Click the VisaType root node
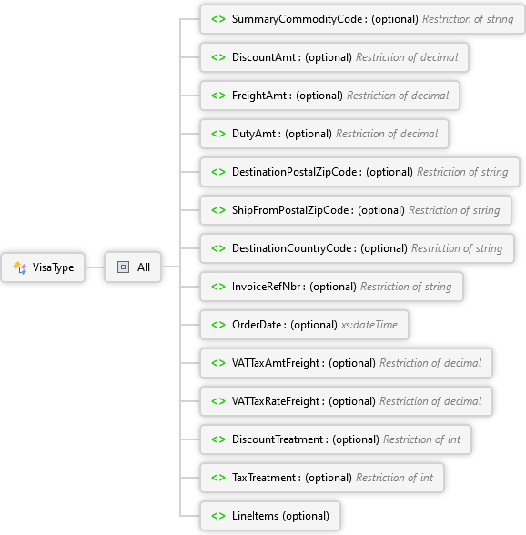(43, 267)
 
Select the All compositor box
(133, 267)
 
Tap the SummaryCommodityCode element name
(297, 19)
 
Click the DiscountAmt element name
(264, 57)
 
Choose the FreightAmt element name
(259, 96)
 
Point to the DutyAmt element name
(254, 134)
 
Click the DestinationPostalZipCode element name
(294, 172)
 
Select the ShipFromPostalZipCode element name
(290, 210)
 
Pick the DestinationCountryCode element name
(291, 248)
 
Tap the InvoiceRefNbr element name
(267, 287)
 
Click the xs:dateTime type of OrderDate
(369, 325)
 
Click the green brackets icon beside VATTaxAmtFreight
(218, 363)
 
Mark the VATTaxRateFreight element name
(276, 401)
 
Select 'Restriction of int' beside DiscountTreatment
(422, 439)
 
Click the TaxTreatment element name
(264, 478)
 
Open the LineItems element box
(270, 516)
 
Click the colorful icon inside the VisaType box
(19, 267)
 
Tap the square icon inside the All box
(123, 267)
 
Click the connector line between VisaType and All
(95, 267)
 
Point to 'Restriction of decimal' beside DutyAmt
(387, 134)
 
